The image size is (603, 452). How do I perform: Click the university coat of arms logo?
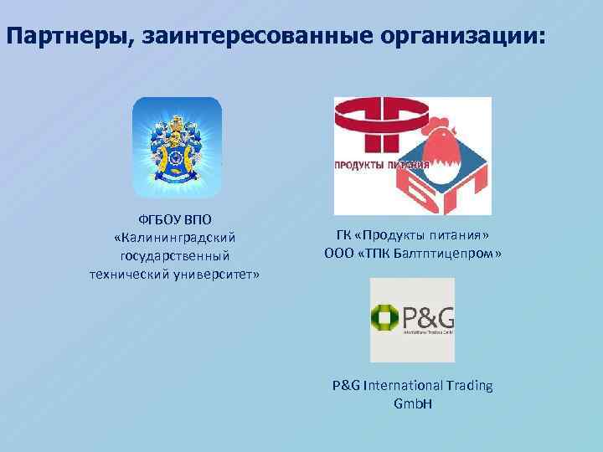(x=177, y=146)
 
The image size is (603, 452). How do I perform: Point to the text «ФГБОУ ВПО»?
(x=176, y=220)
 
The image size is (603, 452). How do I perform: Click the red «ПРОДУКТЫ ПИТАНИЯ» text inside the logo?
(x=381, y=165)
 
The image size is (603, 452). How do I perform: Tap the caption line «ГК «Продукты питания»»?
(x=412, y=235)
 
